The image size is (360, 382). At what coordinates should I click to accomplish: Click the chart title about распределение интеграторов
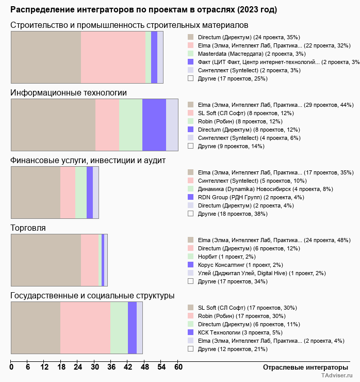coord(143,10)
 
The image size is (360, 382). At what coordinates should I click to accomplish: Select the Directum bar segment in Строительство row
coord(46,57)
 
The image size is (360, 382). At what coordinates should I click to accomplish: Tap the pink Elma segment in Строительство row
coord(113,57)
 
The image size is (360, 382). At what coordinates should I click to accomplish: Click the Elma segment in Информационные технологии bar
coord(53,124)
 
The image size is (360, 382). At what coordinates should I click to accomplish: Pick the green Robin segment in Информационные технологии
coord(130,124)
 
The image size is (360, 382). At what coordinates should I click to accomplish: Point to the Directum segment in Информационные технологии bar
coord(154,124)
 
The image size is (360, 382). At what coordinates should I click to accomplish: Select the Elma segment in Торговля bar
coord(46,260)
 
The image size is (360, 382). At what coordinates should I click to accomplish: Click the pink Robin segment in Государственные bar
coord(85,328)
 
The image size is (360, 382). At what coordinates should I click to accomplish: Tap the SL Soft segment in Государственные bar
coord(36,328)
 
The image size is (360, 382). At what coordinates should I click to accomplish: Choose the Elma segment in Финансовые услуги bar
coord(36,193)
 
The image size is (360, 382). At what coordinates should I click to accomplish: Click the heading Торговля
coord(28,228)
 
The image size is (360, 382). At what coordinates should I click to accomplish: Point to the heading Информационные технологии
coord(69,92)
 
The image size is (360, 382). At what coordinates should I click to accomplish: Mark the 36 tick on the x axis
coord(111,367)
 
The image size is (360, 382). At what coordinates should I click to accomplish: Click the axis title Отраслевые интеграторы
coord(302,367)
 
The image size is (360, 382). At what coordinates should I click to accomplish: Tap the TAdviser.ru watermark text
coord(337,376)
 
